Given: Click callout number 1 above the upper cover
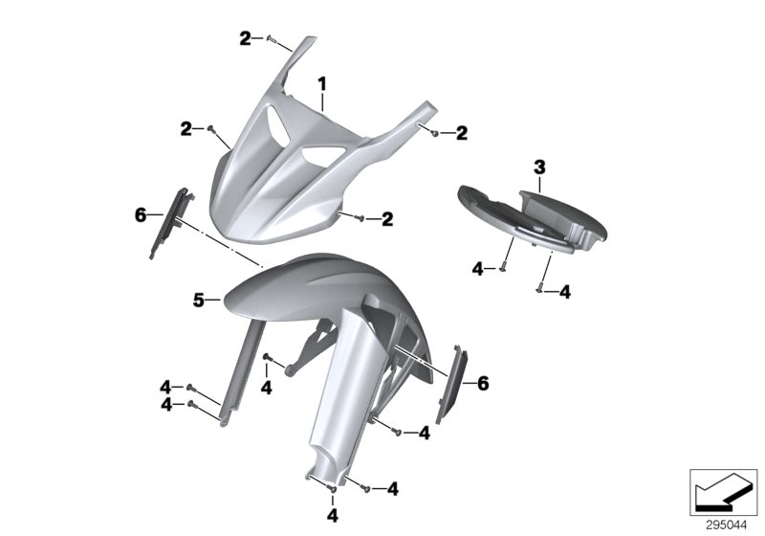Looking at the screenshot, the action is click(322, 84).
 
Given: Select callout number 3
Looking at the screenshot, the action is click(539, 167).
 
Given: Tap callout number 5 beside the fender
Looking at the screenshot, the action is click(199, 300).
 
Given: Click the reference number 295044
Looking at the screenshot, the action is click(726, 525).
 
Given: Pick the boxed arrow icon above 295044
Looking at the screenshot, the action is click(723, 492).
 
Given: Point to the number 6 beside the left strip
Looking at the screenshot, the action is click(141, 214).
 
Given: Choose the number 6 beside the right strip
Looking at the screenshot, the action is click(483, 383).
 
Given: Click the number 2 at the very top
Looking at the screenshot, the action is click(245, 38).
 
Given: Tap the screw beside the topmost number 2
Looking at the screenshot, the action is click(273, 38).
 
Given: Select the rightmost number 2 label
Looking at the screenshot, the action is click(462, 133).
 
